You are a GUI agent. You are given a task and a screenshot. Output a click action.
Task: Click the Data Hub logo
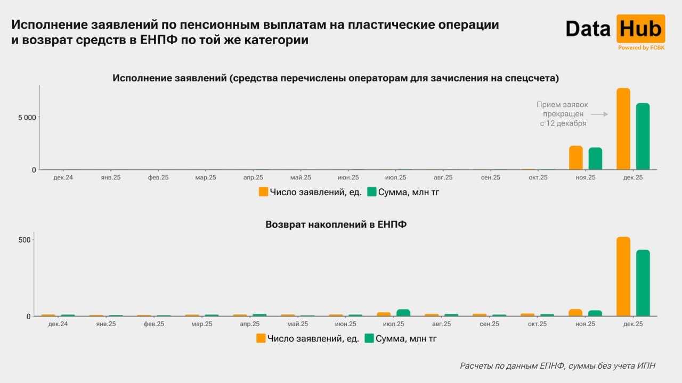615,29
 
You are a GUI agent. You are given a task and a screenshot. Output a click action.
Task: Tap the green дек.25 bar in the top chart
643,137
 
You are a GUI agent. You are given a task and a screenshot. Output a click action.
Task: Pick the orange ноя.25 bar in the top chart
576,158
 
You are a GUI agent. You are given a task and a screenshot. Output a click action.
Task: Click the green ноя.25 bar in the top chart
595,159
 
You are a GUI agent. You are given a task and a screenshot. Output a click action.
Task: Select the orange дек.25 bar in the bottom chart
623,277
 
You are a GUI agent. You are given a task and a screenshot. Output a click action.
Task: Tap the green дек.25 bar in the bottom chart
643,283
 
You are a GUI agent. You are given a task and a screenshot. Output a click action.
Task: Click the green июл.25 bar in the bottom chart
403,313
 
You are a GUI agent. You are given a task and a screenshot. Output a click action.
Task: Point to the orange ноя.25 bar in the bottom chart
575,313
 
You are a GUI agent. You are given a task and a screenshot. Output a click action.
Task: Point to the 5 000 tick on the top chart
26,117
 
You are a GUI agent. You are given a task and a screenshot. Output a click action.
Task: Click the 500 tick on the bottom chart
26,240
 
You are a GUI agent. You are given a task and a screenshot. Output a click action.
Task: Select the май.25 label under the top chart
301,177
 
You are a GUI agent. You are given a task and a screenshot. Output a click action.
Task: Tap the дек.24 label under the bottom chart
58,323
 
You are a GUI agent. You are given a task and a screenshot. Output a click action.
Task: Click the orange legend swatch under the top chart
263,192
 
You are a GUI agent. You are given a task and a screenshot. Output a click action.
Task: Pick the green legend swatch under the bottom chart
369,338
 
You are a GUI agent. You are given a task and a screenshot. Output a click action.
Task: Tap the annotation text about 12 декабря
562,114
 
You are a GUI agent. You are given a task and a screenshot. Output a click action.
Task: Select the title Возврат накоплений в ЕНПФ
336,224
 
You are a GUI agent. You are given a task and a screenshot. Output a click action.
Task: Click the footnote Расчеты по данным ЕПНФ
557,365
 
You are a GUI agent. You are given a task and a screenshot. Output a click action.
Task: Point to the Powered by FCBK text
641,48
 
